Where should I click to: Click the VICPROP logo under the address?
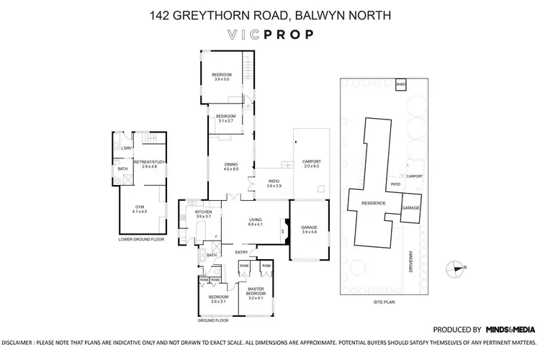tap(269, 34)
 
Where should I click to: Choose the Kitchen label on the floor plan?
tap(203, 214)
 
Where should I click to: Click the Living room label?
tap(255, 222)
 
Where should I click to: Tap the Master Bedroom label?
tap(256, 292)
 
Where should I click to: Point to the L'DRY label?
tap(126, 148)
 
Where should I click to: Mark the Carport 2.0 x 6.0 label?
tap(311, 163)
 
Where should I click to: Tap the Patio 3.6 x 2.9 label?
tap(273, 184)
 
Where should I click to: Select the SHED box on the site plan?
tap(400, 85)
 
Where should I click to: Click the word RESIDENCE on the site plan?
tap(373, 203)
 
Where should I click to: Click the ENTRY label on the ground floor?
tap(240, 251)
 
